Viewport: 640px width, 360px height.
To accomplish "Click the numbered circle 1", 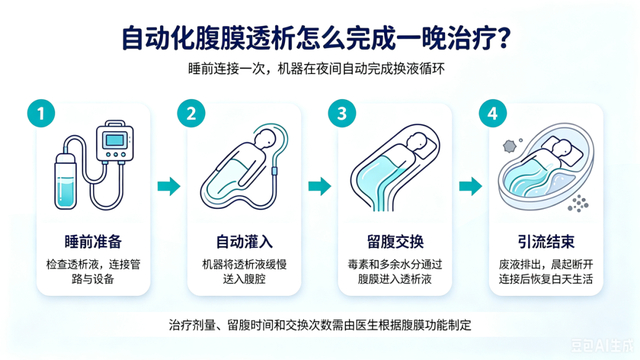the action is (41, 113).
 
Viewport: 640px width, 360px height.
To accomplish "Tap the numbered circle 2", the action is (191, 113).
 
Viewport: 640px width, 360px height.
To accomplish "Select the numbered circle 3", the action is (342, 113).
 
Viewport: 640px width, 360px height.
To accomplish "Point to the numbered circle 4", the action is (493, 113).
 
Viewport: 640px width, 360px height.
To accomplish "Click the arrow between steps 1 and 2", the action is (169, 187).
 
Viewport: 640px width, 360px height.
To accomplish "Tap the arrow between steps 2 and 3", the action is (320, 187).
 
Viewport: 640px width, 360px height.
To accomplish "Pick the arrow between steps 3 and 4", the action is (471, 187).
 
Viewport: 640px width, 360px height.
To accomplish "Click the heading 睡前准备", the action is (93, 242).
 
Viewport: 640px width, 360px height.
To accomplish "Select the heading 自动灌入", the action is (244, 242).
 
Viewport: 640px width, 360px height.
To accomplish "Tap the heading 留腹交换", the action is (395, 242).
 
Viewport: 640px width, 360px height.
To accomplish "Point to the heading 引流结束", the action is (546, 242).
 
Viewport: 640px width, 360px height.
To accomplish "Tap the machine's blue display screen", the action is (115, 140).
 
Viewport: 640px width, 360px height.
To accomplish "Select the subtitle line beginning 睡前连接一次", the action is (316, 69).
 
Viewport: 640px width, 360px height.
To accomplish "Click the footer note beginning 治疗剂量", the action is (320, 325).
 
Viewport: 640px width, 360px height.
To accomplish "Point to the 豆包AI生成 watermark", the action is (602, 345).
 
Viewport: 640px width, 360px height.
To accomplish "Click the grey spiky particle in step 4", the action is (509, 146).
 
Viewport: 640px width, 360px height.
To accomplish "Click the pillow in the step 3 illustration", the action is (425, 144).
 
